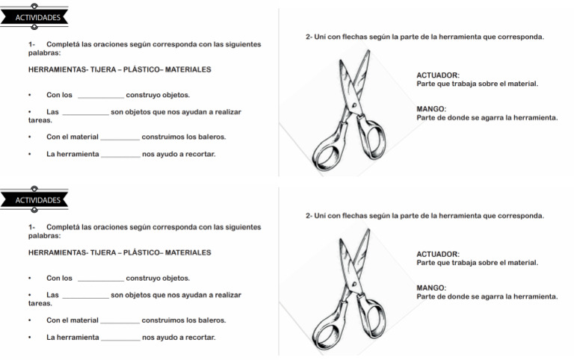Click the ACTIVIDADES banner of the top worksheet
click(x=37, y=18)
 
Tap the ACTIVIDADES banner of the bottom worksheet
click(x=37, y=200)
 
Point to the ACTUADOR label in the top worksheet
click(x=438, y=75)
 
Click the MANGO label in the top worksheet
click(x=431, y=108)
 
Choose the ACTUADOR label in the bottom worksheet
click(x=438, y=254)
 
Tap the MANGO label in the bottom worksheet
click(x=431, y=288)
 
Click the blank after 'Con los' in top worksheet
click(x=100, y=96)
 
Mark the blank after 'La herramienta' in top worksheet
click(x=120, y=155)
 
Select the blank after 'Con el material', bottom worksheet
click(x=120, y=321)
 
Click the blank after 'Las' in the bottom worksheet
click(x=85, y=296)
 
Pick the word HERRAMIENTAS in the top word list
click(x=56, y=69)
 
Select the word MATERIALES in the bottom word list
click(x=188, y=252)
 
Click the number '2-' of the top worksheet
click(x=309, y=37)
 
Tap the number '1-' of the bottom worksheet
click(x=32, y=227)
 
